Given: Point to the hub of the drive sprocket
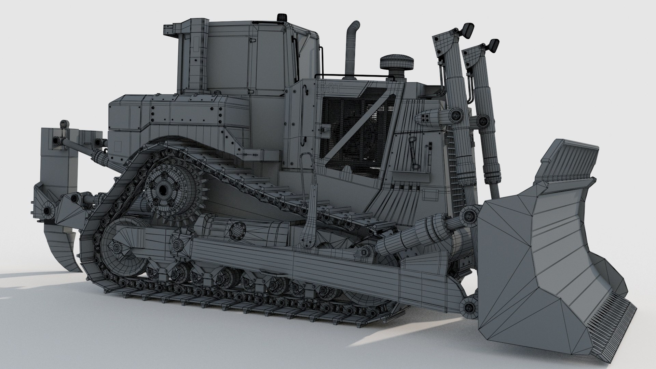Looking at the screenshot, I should pos(164,188).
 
